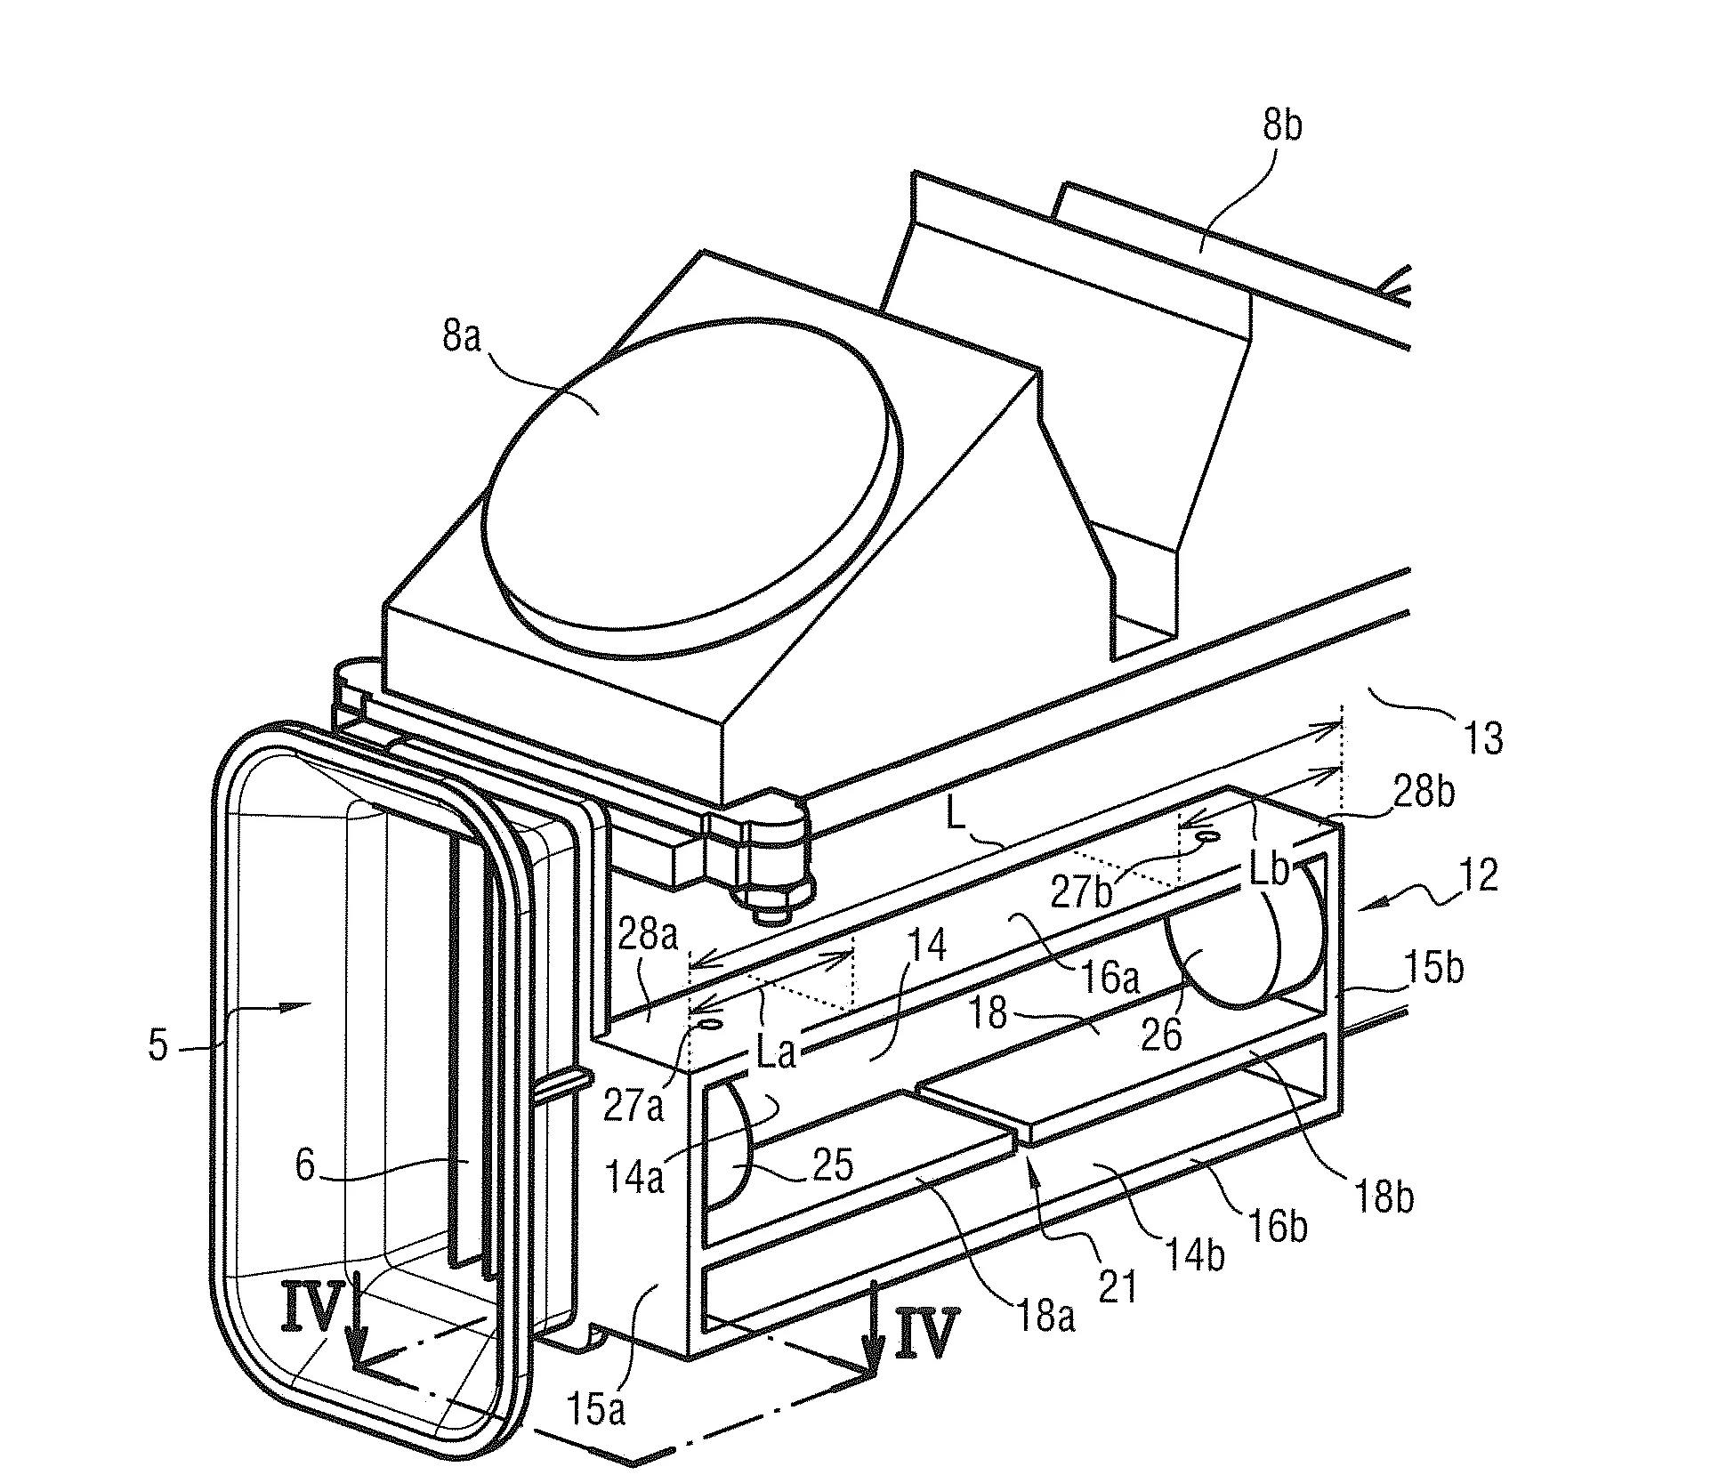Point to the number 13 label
click(x=1482, y=738)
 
